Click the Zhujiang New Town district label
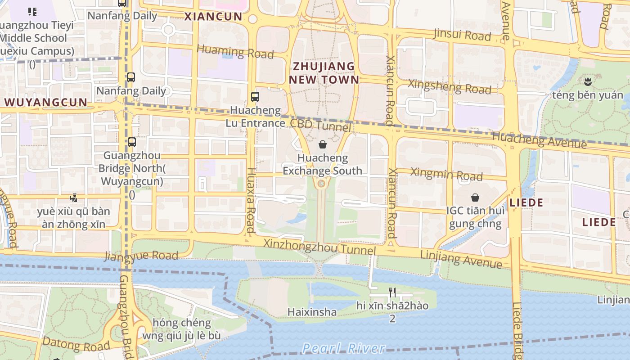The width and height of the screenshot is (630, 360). click(x=324, y=73)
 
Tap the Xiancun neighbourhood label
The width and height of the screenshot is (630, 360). click(x=213, y=17)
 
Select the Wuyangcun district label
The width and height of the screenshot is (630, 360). click(x=46, y=102)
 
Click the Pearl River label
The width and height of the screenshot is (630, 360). click(x=343, y=348)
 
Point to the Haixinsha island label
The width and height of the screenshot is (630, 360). click(x=312, y=312)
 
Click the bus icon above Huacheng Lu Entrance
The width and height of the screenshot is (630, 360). click(x=255, y=96)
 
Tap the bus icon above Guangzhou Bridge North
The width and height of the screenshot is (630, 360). click(x=131, y=142)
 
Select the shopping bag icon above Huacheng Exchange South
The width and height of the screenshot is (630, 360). click(x=322, y=144)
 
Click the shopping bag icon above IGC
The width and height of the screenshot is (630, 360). click(x=475, y=197)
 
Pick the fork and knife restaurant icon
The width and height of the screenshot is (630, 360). click(x=392, y=292)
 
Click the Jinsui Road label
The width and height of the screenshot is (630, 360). click(x=462, y=35)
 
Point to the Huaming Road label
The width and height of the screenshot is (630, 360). click(x=235, y=51)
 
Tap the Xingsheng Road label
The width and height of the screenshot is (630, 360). click(x=449, y=86)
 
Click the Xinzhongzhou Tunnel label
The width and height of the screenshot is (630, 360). click(x=319, y=247)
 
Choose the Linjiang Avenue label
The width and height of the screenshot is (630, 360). click(x=461, y=259)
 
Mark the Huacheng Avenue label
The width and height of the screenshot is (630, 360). click(x=539, y=139)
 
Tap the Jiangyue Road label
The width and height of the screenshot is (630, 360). click(x=141, y=256)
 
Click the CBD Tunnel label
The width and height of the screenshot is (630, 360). click(x=320, y=125)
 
